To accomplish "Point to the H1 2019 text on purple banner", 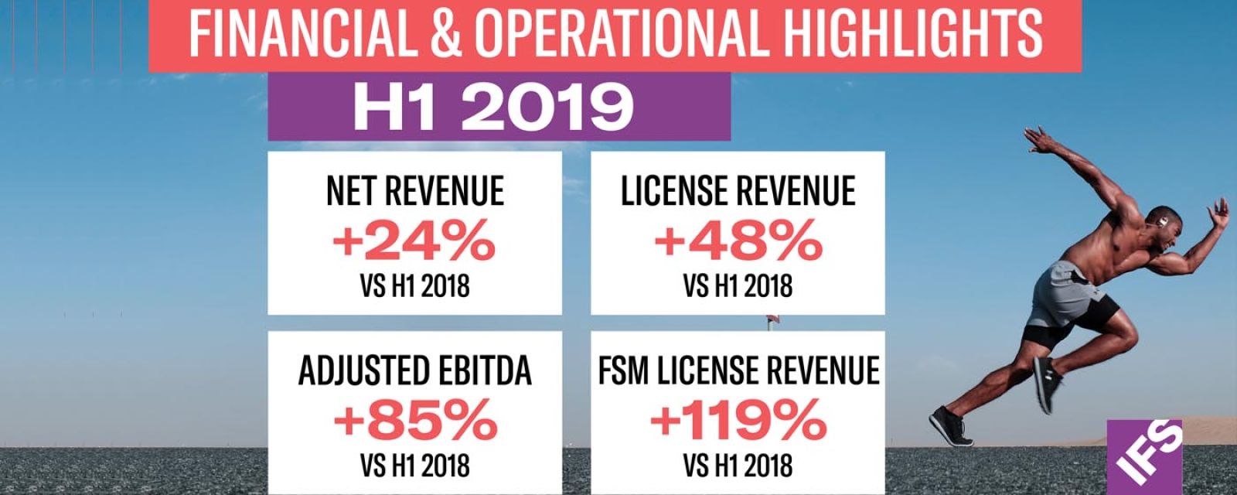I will (493, 108).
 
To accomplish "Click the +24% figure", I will (414, 242).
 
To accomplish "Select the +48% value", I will (738, 242).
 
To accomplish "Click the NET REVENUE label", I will (414, 192).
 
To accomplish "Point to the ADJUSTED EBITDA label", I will (415, 371).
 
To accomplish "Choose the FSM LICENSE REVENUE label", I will (738, 371).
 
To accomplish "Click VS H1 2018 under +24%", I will (414, 287).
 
